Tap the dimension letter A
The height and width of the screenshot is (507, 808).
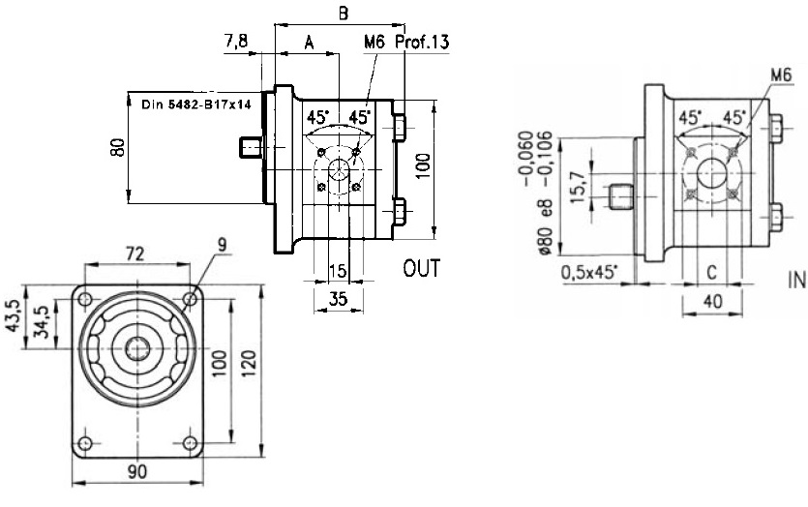tap(309, 43)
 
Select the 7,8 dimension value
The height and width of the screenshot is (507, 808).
tap(237, 43)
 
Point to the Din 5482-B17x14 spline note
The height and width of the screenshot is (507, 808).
tap(196, 103)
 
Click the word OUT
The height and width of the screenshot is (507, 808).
tap(421, 268)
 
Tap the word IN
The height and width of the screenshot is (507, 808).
tap(796, 282)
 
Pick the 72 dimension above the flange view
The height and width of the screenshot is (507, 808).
tap(135, 254)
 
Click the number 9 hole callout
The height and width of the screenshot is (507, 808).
tap(222, 247)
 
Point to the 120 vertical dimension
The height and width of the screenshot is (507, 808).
tap(251, 363)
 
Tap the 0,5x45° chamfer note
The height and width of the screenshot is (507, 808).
tap(589, 272)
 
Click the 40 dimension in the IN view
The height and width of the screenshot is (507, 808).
tap(713, 302)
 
